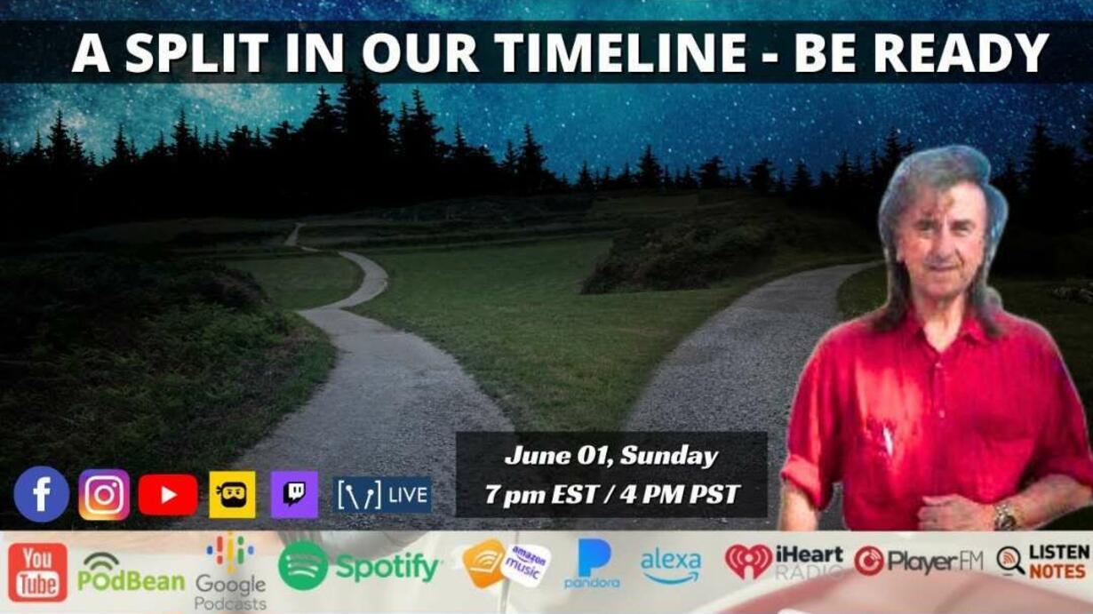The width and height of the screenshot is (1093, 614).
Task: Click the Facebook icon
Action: [42, 494]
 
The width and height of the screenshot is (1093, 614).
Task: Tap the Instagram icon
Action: [105, 495]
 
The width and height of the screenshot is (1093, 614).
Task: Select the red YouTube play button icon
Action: [168, 495]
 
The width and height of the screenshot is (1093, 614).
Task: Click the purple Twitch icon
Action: [294, 494]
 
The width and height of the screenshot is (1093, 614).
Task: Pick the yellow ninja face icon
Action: [232, 494]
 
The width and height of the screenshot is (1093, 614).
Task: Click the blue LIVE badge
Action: [382, 495]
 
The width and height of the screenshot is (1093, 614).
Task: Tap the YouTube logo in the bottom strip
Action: [37, 572]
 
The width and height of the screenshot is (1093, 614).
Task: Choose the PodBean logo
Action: [132, 572]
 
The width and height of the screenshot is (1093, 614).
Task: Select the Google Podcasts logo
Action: [230, 572]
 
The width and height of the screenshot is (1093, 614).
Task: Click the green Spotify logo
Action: [359, 566]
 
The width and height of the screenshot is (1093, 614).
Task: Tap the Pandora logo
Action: [593, 563]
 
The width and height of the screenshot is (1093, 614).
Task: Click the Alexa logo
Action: [671, 567]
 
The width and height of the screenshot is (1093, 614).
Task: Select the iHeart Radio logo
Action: [784, 562]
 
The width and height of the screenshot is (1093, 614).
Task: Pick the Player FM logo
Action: [918, 561]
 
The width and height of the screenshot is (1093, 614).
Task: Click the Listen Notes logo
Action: [1043, 562]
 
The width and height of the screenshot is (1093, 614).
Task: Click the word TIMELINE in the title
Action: [620, 52]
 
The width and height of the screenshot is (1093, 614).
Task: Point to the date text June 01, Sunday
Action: [610, 456]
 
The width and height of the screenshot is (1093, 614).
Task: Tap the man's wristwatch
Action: [1005, 516]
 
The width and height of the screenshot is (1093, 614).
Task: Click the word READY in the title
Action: [961, 52]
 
